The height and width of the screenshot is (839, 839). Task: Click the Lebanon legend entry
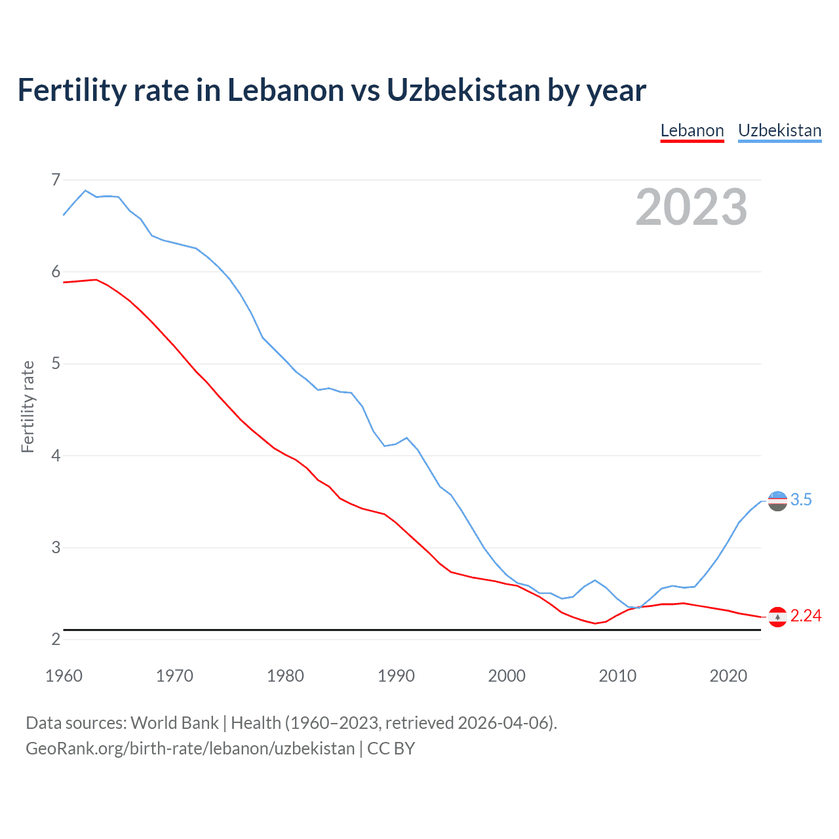(692, 130)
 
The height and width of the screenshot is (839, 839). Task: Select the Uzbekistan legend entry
(779, 130)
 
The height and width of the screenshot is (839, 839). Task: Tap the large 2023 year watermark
(691, 207)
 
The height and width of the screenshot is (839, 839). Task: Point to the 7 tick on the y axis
(56, 180)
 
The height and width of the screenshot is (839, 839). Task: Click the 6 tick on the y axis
(56, 271)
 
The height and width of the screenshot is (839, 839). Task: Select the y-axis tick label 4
(56, 456)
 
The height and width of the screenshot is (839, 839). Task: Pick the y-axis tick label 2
(56, 639)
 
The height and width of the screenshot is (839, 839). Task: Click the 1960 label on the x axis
(64, 676)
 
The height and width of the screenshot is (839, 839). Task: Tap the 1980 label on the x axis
(285, 676)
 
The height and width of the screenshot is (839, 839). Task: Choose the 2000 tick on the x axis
(507, 676)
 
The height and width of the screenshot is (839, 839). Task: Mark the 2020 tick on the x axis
(728, 676)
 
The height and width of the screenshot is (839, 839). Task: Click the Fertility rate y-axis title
(28, 406)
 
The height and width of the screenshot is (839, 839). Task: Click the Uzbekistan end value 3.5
(801, 500)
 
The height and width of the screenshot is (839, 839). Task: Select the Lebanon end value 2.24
(806, 616)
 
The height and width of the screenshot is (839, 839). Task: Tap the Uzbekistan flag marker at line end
(777, 501)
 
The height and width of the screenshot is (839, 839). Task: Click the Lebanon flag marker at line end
(777, 617)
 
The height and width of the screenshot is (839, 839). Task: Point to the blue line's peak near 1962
(85, 190)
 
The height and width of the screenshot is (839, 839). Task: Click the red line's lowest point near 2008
(595, 623)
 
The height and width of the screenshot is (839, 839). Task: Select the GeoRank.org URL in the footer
(190, 749)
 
